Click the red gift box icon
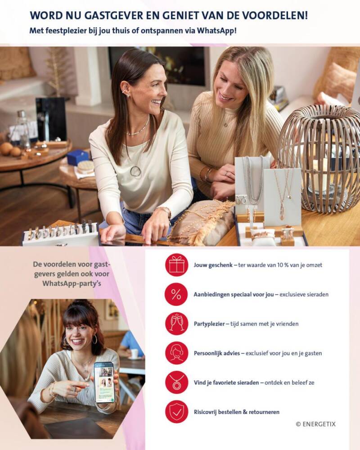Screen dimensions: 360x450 (x=176, y=265)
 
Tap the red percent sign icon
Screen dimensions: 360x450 (x=176, y=294)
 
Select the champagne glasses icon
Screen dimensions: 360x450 (x=176, y=324)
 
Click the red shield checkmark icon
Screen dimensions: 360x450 (x=176, y=412)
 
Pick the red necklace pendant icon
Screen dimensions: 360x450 (x=176, y=382)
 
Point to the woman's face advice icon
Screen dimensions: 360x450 (x=176, y=353)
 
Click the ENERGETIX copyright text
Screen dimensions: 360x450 (x=315, y=424)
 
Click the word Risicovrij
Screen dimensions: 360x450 (x=205, y=412)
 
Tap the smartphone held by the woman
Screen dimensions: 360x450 (x=104, y=382)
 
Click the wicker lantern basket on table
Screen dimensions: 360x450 (x=319, y=157)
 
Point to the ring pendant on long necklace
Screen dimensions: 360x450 (x=135, y=171)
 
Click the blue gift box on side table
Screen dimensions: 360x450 (x=78, y=157)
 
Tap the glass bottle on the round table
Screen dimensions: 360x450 (x=23, y=129)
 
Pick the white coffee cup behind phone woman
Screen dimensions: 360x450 (x=134, y=353)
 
